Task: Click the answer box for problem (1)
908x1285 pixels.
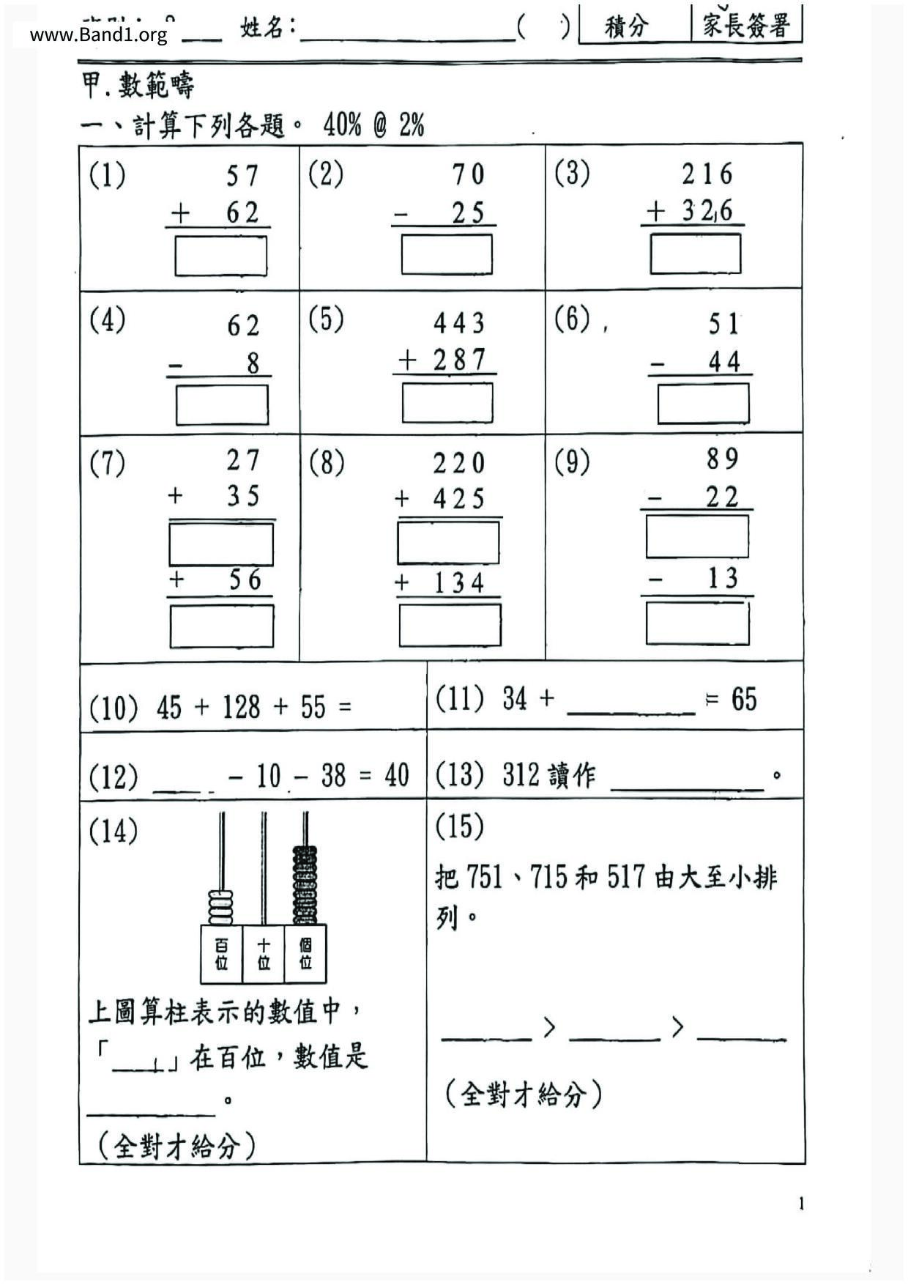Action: [x=220, y=256]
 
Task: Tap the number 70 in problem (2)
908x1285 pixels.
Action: [x=468, y=174]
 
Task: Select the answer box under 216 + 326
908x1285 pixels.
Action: [x=695, y=253]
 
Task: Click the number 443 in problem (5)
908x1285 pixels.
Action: [x=459, y=323]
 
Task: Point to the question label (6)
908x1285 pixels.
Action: [x=572, y=319]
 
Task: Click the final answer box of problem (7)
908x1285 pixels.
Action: [x=222, y=626]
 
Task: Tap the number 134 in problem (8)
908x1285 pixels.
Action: [x=459, y=583]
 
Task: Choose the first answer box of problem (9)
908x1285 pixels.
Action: [x=697, y=536]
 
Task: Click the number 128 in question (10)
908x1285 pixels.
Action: [x=242, y=708]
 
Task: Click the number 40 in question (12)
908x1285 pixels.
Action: [x=397, y=775]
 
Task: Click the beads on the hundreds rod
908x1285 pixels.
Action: [x=221, y=908]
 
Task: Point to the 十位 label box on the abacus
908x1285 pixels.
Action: [x=264, y=955]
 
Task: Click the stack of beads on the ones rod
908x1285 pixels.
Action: [x=305, y=885]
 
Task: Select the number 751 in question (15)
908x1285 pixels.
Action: [x=484, y=877]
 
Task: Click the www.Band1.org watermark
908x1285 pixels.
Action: [x=99, y=34]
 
